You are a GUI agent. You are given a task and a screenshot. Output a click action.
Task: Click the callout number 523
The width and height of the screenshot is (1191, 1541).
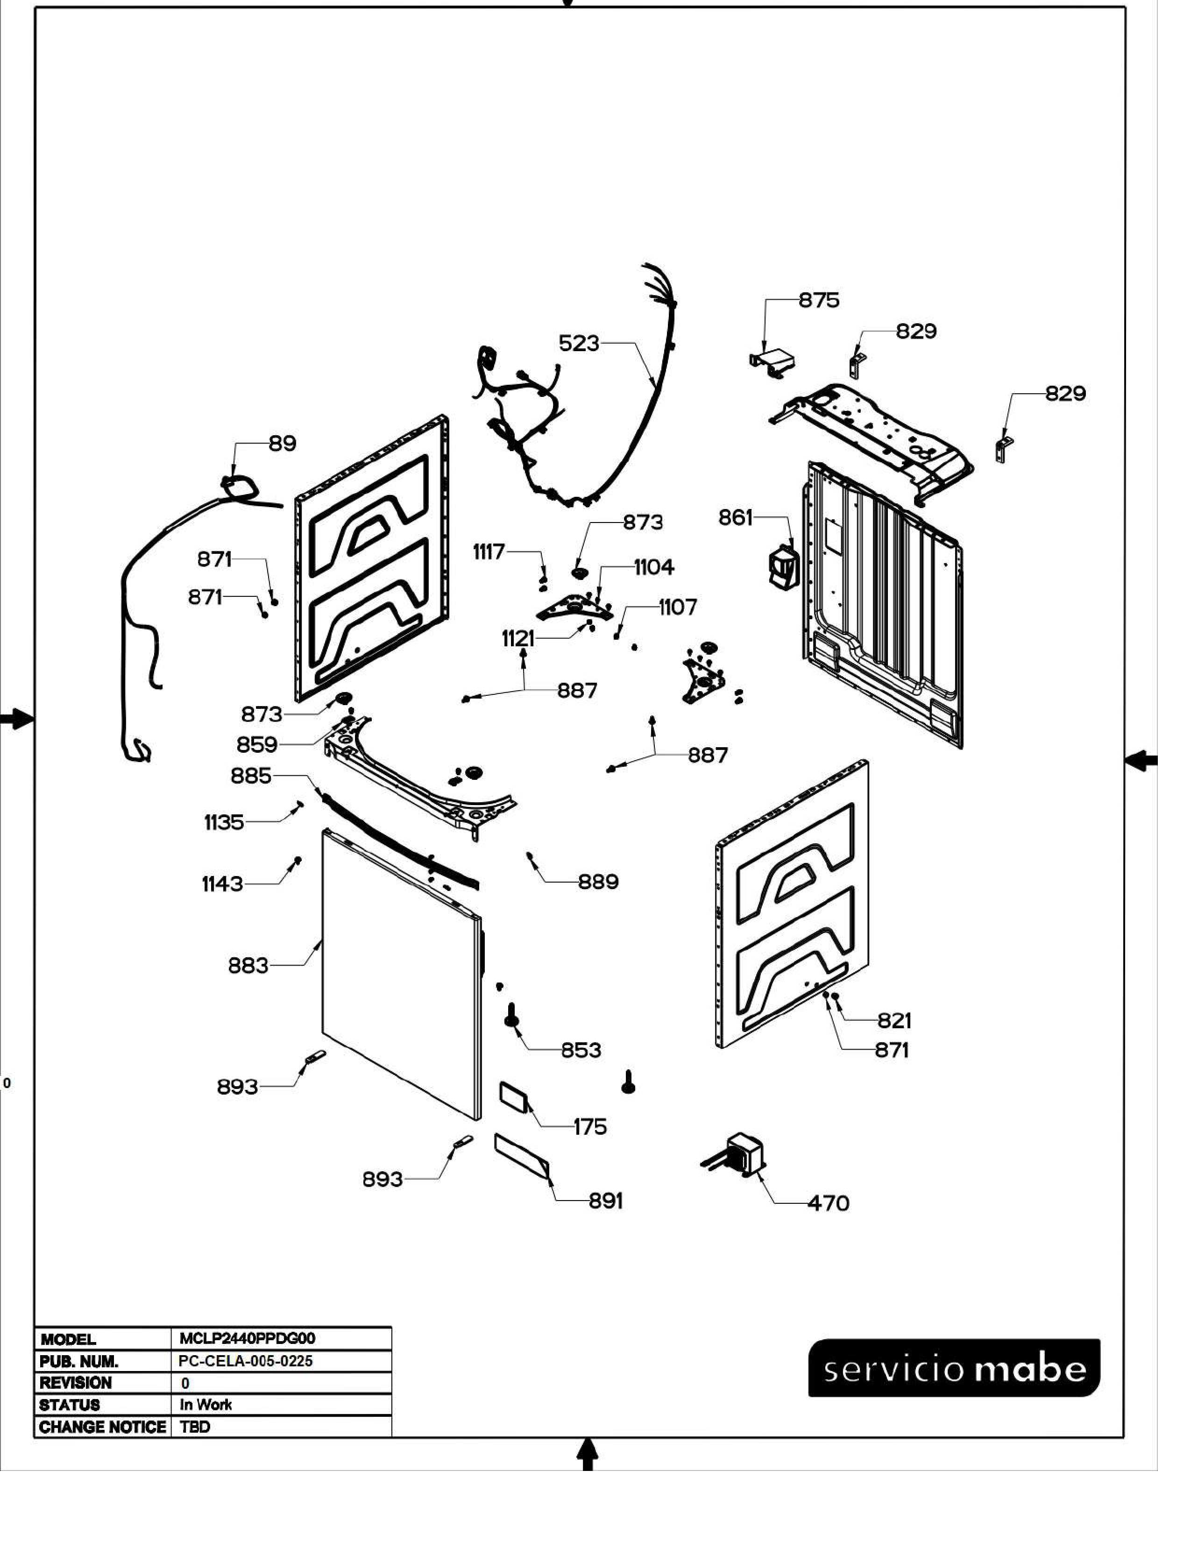(579, 344)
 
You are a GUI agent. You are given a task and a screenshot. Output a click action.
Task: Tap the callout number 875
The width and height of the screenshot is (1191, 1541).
(819, 301)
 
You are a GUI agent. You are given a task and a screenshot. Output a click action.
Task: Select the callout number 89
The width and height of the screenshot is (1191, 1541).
(282, 444)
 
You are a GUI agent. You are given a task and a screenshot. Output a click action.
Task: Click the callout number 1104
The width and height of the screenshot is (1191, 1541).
(654, 567)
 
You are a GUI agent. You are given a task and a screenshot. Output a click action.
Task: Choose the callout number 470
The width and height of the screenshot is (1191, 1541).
(829, 1203)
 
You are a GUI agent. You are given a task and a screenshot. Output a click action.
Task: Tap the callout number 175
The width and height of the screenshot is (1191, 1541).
(590, 1127)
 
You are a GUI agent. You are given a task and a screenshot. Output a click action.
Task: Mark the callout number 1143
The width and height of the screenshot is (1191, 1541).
(222, 884)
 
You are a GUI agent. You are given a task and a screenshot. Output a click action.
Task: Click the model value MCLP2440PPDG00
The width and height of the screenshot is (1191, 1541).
(247, 1338)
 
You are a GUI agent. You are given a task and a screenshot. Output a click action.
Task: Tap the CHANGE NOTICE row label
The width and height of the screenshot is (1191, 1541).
(102, 1427)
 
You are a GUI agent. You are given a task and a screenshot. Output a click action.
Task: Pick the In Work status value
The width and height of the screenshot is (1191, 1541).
(206, 1405)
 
